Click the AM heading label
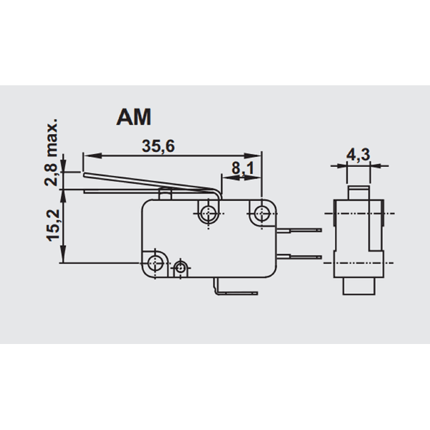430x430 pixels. coord(134,117)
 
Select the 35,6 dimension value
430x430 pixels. coord(158,146)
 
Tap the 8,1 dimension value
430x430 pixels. coord(243,168)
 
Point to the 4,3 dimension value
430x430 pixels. coord(358,155)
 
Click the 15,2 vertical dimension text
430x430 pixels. coord(53,226)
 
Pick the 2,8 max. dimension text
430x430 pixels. coord(51,153)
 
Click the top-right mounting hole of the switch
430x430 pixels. coord(262,213)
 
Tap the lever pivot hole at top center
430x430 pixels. coord(209,213)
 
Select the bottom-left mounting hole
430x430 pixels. coord(156,263)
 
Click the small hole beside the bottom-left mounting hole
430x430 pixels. coord(180,267)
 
